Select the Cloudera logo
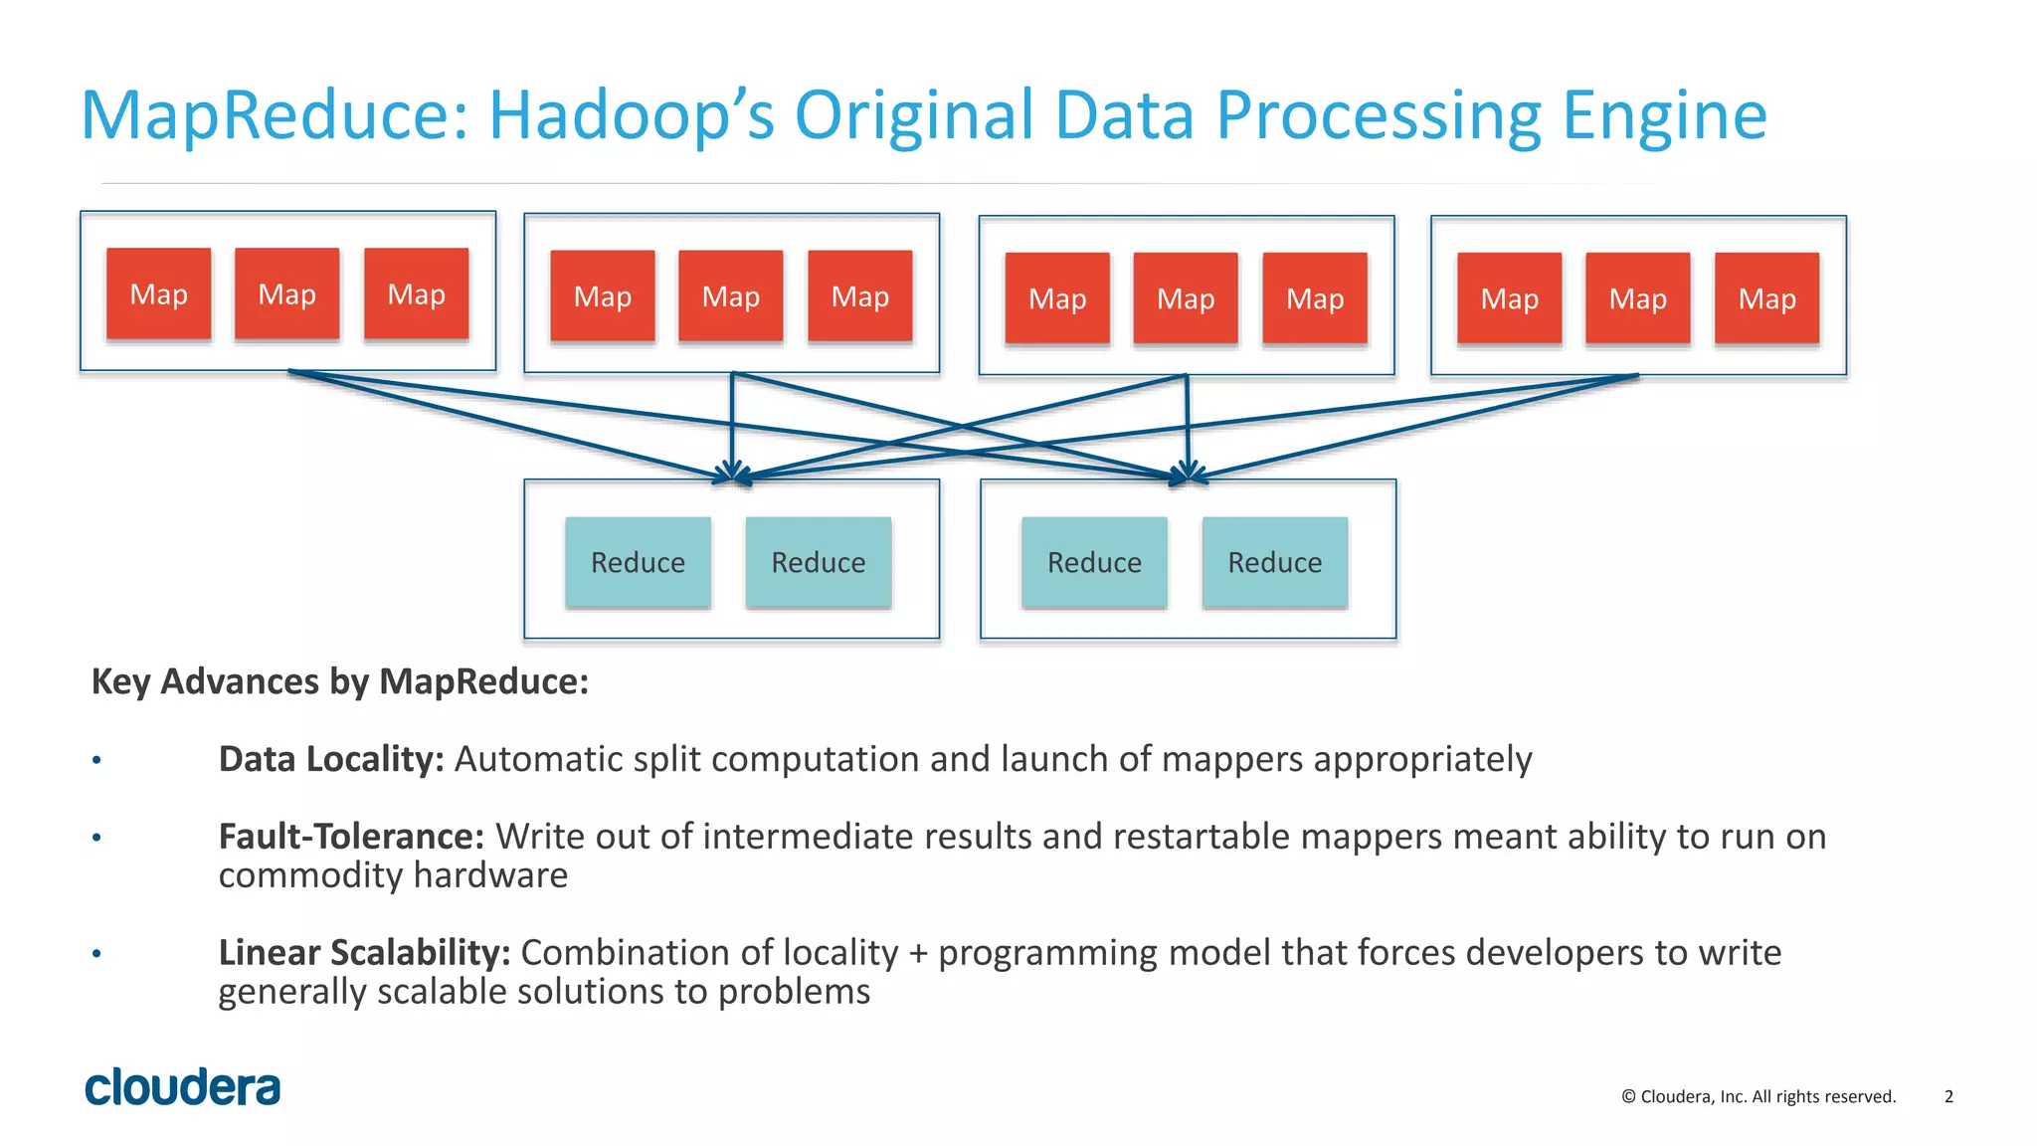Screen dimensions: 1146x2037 (183, 1087)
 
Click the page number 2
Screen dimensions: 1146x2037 (1948, 1096)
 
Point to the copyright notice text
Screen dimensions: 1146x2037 (1759, 1096)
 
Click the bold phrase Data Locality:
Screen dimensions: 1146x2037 (331, 759)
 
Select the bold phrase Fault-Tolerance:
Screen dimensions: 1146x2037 (351, 837)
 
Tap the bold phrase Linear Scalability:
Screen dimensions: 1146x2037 (364, 953)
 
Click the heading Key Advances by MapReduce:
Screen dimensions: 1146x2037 (340, 681)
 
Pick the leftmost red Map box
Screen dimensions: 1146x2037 (159, 294)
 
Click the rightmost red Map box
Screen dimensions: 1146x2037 (1766, 298)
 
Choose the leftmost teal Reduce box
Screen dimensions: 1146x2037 (638, 562)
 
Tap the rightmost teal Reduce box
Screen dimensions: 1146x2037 (1274, 562)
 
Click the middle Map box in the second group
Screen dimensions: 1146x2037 (731, 296)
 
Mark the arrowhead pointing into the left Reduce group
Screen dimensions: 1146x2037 (733, 473)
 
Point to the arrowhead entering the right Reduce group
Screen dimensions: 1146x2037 (1188, 473)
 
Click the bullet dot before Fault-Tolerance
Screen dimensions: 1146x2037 (96, 838)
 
